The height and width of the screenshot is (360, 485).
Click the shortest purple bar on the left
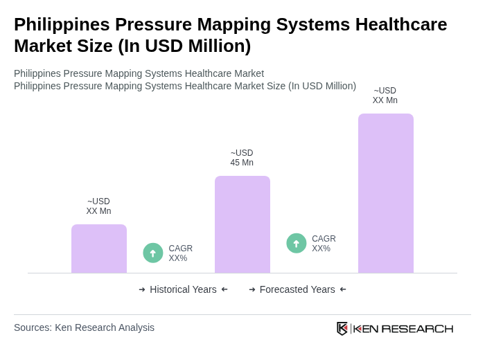pyautogui.click(x=99, y=249)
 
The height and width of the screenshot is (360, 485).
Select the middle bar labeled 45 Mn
pyautogui.click(x=242, y=224)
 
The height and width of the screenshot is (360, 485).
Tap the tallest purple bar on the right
pyautogui.click(x=386, y=193)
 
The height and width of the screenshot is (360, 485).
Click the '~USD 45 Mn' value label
pyautogui.click(x=242, y=158)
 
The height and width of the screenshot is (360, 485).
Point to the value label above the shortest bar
pyautogui.click(x=98, y=206)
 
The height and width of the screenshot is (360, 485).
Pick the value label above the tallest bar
pyautogui.click(x=385, y=96)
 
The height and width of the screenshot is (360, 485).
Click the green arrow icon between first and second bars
pyautogui.click(x=153, y=253)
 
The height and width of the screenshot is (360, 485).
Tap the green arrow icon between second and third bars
pyautogui.click(x=297, y=243)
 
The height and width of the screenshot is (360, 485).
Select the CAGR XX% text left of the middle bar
pyautogui.click(x=180, y=253)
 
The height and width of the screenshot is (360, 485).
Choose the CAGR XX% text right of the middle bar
pyautogui.click(x=324, y=244)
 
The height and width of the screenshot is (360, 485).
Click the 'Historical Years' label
pyautogui.click(x=183, y=289)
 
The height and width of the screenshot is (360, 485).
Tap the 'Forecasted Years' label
pyautogui.click(x=297, y=289)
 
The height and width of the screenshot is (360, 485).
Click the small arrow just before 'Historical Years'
pyautogui.click(x=142, y=289)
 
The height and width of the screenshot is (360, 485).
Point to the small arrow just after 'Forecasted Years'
pyautogui.click(x=343, y=289)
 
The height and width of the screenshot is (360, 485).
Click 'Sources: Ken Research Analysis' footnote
pyautogui.click(x=84, y=327)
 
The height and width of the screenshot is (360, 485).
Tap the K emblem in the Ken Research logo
pyautogui.click(x=342, y=328)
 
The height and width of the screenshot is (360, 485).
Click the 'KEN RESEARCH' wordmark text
pyautogui.click(x=403, y=328)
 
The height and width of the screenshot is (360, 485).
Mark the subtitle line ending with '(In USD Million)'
pyautogui.click(x=185, y=86)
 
